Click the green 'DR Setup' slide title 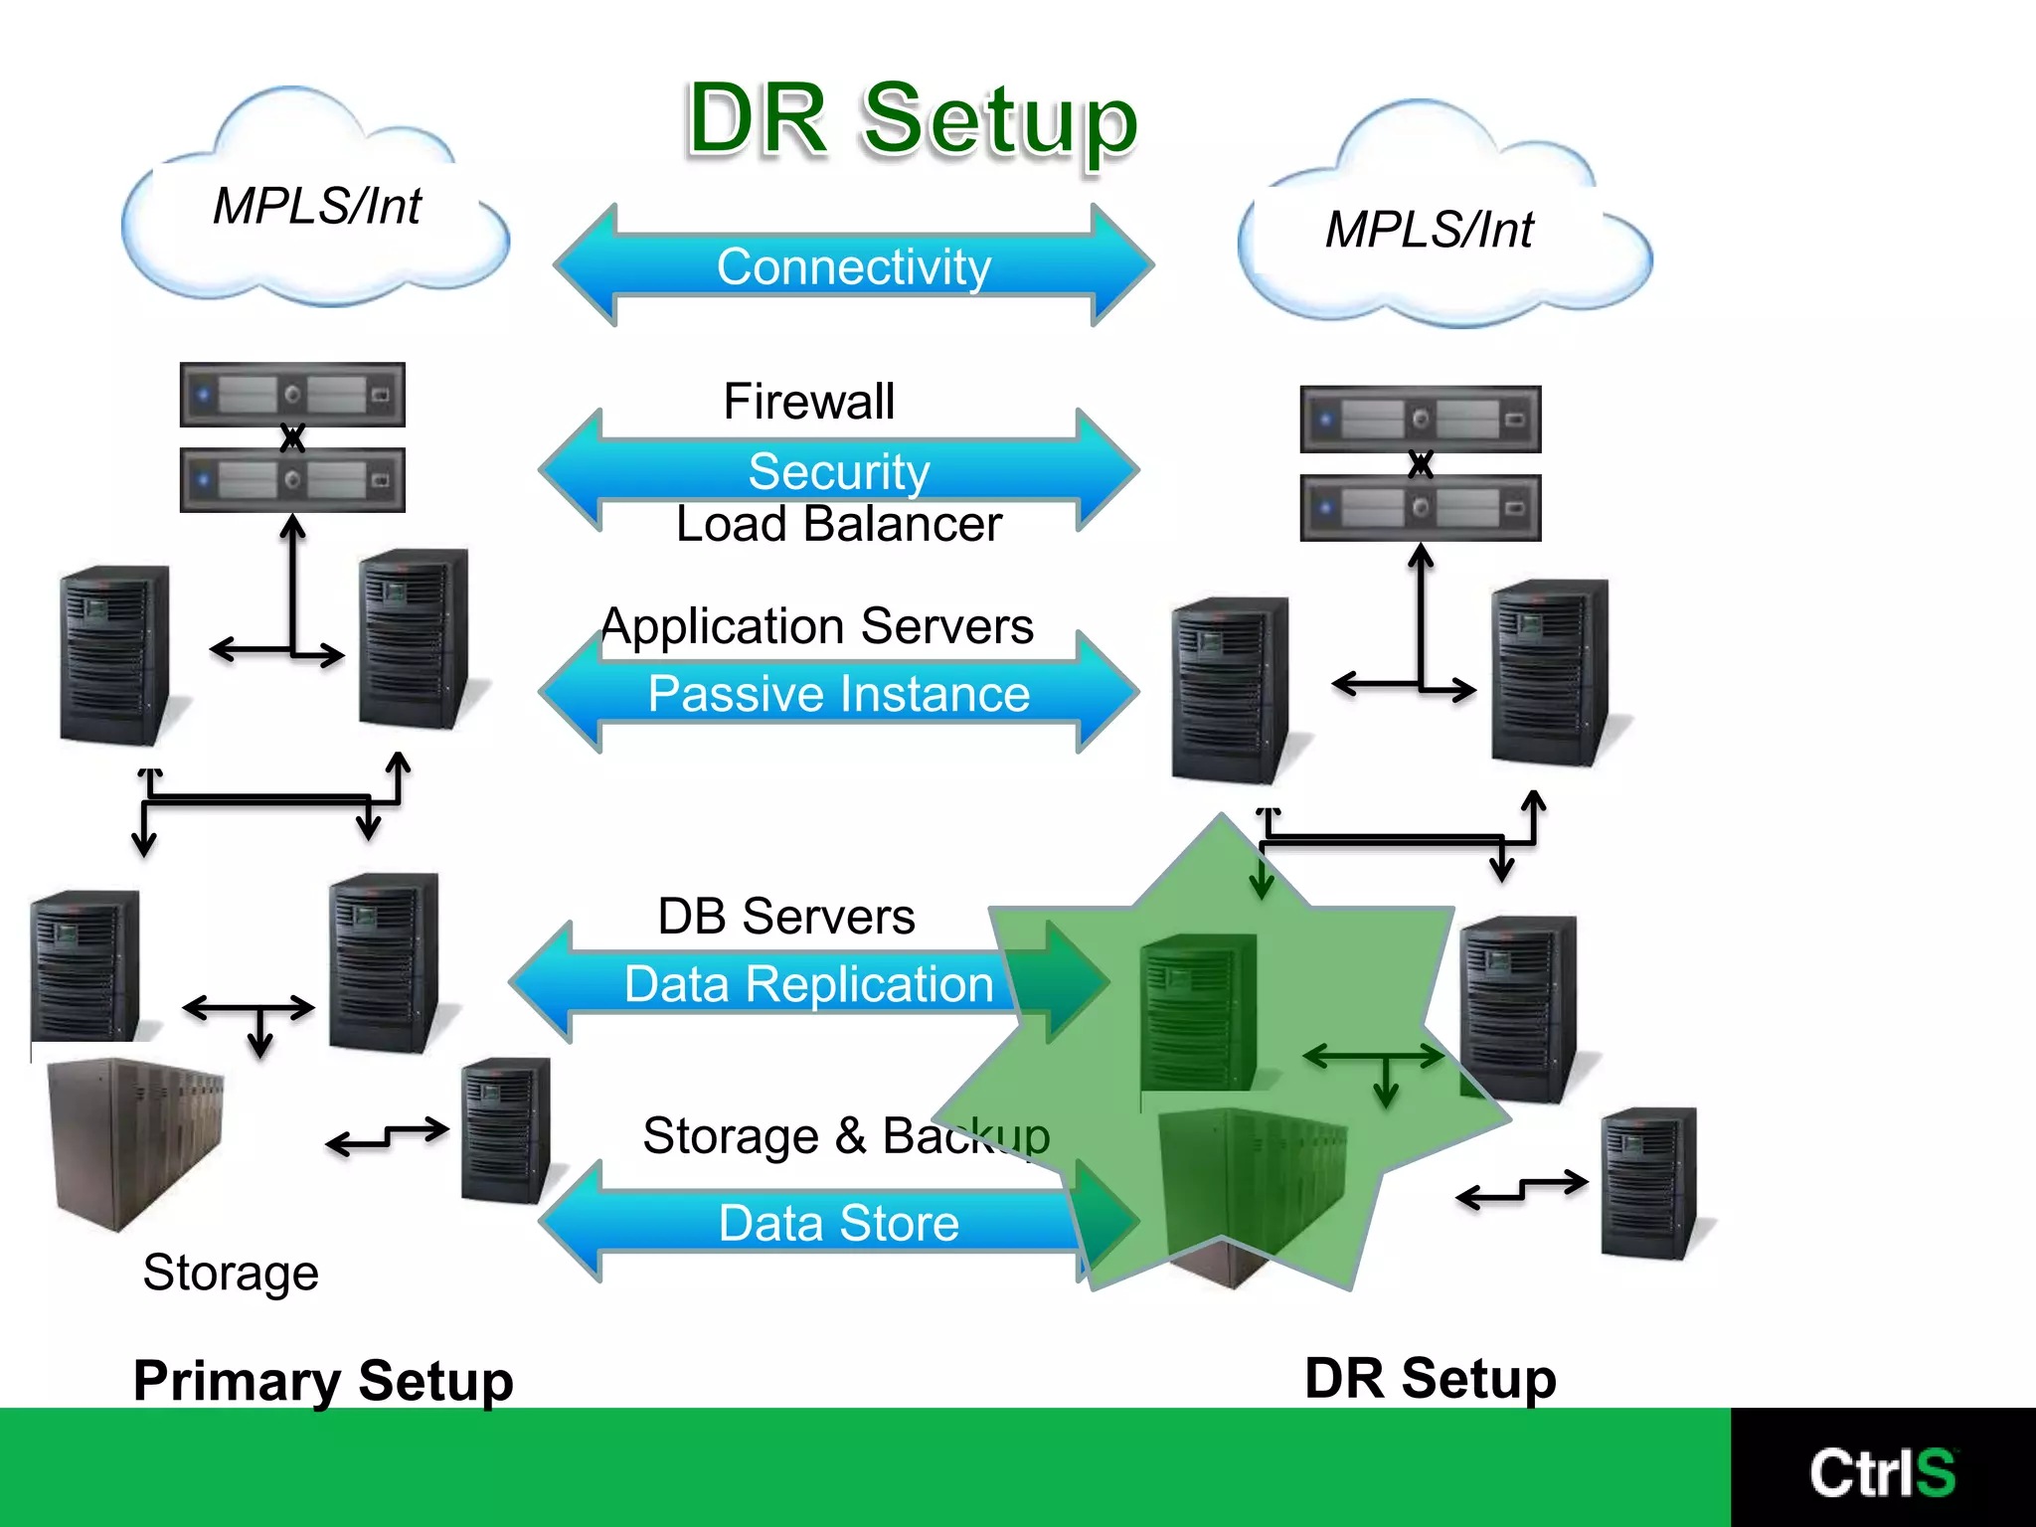point(912,120)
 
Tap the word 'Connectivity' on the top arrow point(854,267)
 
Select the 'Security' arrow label point(839,471)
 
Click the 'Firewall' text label point(808,402)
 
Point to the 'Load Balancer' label point(838,524)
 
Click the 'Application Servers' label point(817,626)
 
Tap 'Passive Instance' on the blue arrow point(838,693)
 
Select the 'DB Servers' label point(785,916)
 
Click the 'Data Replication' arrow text point(808,984)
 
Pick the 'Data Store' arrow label point(838,1223)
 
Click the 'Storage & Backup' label point(845,1135)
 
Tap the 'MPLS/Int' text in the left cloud point(316,207)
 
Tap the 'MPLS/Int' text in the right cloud point(1429,230)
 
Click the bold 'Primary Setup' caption point(323,1381)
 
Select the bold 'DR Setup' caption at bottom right point(1430,1378)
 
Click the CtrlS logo point(1882,1472)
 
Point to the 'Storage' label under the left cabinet point(230,1272)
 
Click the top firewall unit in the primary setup point(292,395)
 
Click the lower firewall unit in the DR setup point(1420,508)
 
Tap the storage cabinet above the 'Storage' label point(137,1143)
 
